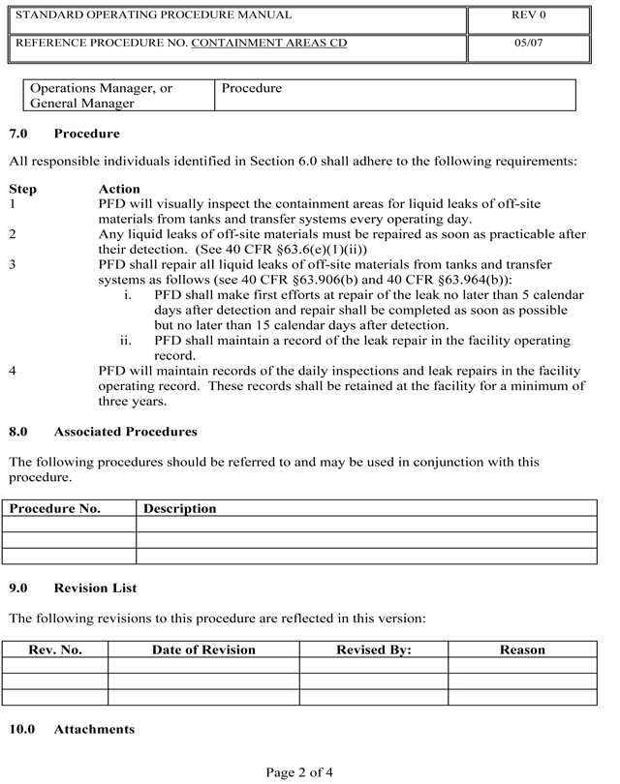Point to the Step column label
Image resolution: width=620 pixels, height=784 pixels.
pos(23,189)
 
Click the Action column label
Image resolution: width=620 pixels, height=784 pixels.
pos(119,189)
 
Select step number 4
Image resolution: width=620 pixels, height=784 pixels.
pos(13,371)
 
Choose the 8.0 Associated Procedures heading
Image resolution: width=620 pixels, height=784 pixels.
pos(103,432)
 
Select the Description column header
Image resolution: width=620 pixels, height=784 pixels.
pos(180,508)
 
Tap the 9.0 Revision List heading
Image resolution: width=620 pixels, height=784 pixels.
pos(73,588)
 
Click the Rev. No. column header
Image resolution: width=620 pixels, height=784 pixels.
pos(55,650)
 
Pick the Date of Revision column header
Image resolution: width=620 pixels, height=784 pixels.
pos(203,650)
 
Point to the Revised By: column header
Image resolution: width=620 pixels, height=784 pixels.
pos(373,650)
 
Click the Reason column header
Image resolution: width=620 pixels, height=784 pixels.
pos(522,650)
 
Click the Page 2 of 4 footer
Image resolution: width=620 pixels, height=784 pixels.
pos(299,771)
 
